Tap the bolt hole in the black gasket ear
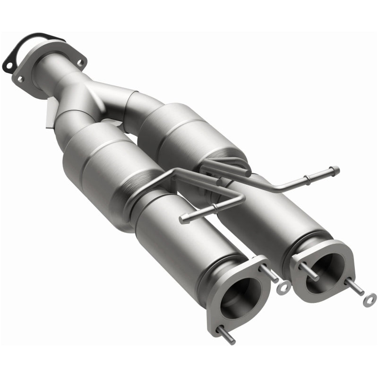click(x=8, y=60)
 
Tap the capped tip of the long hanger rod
click(x=335, y=169)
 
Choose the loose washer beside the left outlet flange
click(x=284, y=287)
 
